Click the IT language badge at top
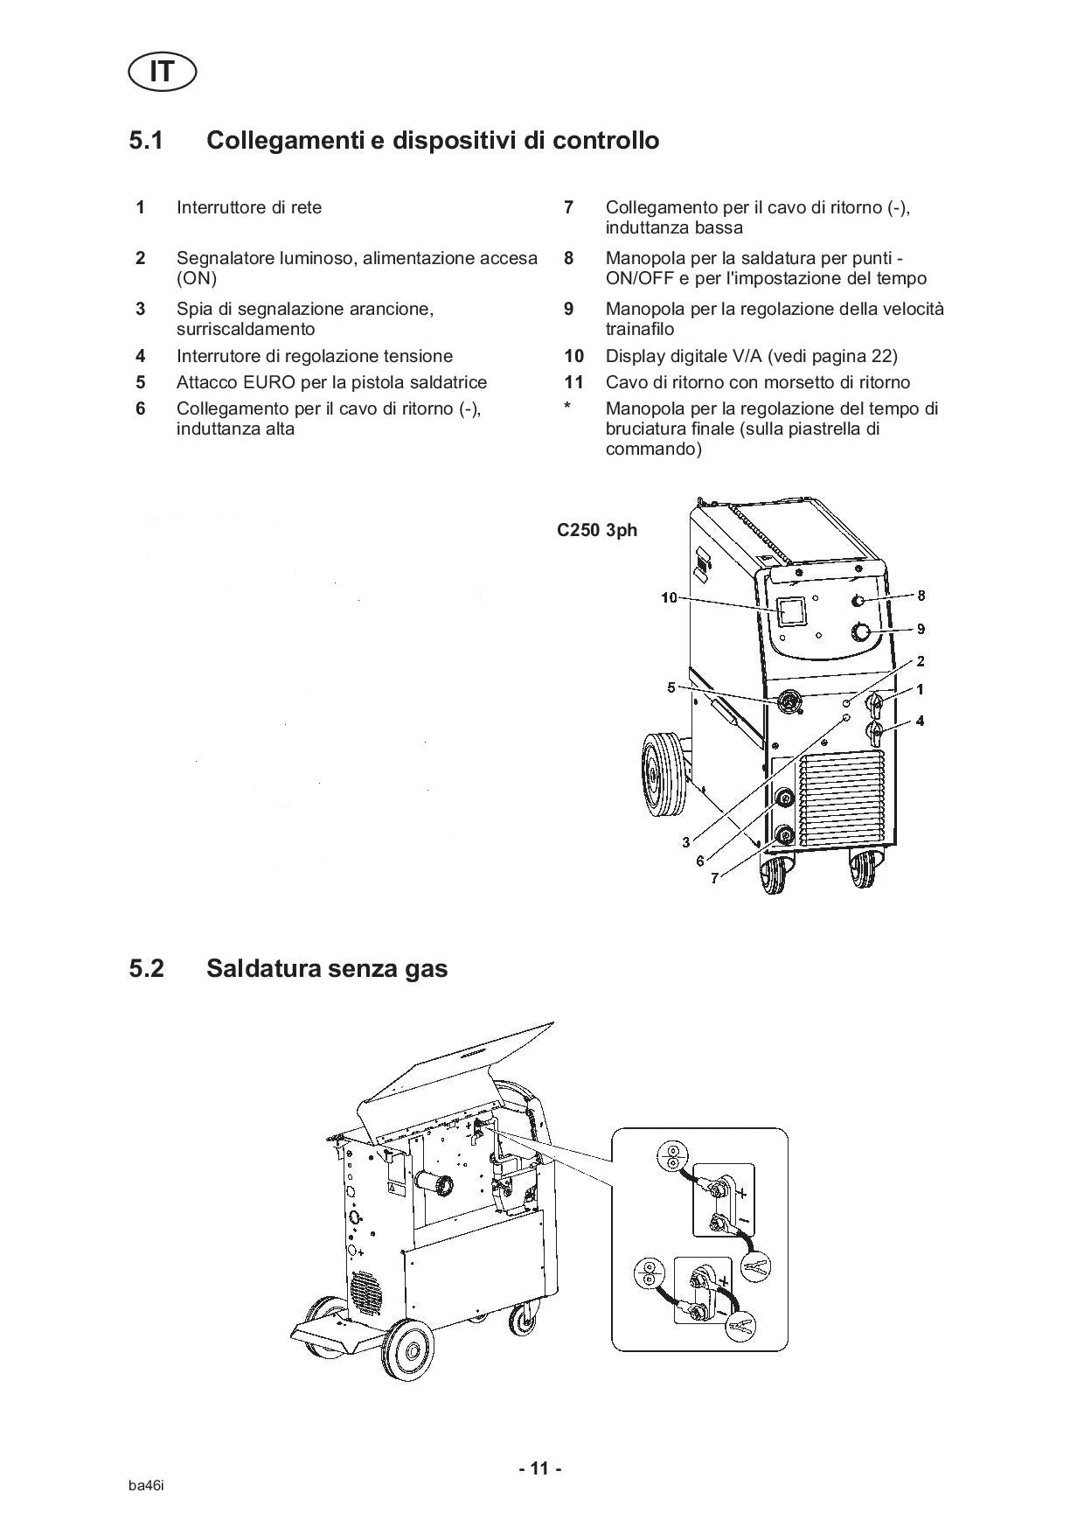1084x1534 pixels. point(162,72)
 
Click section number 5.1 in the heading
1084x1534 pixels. point(147,140)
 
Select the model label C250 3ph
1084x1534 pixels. point(597,530)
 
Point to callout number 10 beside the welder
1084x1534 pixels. point(669,598)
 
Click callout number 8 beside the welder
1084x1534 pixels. point(921,596)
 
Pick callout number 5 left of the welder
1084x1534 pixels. point(671,687)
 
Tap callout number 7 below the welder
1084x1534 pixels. point(714,878)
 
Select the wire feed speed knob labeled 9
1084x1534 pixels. point(862,632)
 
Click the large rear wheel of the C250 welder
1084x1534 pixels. point(662,776)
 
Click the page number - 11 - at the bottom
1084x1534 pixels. point(540,1468)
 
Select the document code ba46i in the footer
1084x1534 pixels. point(146,1487)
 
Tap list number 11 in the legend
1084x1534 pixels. point(573,382)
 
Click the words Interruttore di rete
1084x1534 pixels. point(249,207)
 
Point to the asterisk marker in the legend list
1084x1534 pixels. point(567,407)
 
